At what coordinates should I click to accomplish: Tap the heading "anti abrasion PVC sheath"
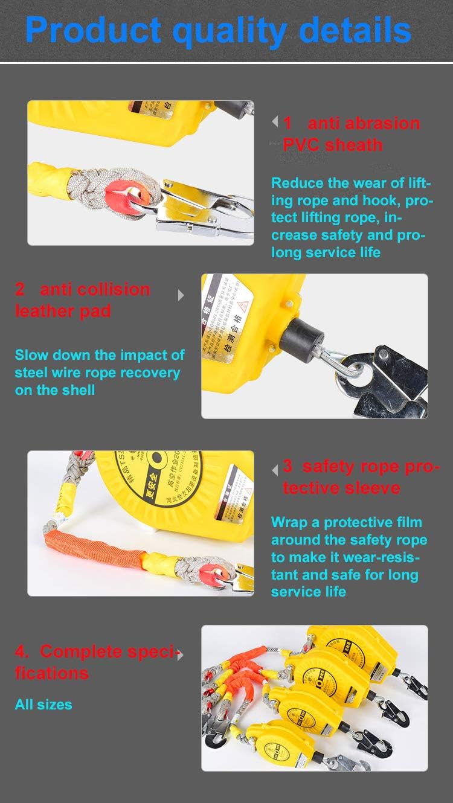(350, 134)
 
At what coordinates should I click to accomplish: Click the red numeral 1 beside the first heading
(288, 123)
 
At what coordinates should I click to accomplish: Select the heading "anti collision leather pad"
(83, 299)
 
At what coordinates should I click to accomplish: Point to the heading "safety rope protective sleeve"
(360, 477)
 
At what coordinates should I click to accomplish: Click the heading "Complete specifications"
(97, 662)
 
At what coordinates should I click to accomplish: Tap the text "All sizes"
(43, 704)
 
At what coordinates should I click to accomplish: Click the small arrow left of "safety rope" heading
(275, 469)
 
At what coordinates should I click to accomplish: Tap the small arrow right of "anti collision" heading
(181, 295)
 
